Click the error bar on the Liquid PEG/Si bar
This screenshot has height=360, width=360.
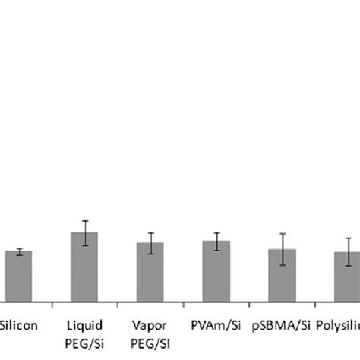[84, 232]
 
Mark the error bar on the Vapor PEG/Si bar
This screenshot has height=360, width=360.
[150, 243]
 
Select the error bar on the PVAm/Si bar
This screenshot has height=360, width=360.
[216, 241]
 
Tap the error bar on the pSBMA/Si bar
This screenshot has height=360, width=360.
[282, 249]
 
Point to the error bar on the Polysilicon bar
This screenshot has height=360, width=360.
[348, 251]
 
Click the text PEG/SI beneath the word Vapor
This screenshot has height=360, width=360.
[150, 341]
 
